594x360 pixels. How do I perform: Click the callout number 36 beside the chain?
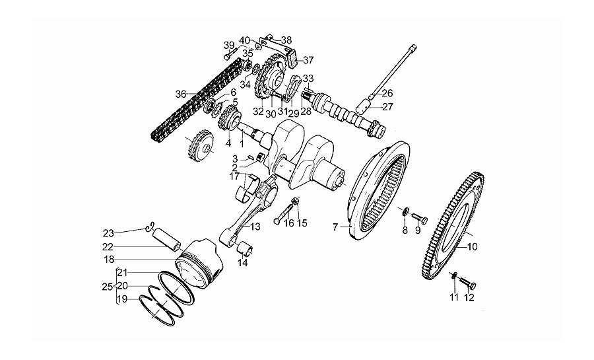(181, 94)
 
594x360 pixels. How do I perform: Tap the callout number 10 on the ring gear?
(472, 248)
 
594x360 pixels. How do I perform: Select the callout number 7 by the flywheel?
(335, 227)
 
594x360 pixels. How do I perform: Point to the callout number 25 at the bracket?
(107, 287)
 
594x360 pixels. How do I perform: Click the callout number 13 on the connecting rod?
(255, 227)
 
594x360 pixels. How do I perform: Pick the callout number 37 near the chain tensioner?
(308, 60)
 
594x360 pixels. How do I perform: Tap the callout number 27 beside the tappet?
(387, 107)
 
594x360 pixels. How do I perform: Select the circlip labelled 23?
(150, 226)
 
